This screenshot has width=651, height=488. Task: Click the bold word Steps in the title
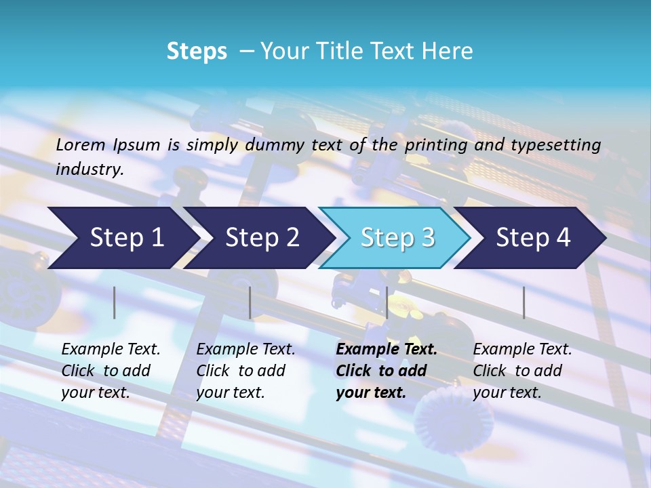[197, 52]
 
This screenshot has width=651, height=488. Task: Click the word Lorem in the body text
[81, 144]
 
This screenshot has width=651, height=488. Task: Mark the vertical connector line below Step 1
[115, 302]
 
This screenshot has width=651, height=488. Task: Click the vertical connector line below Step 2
[250, 302]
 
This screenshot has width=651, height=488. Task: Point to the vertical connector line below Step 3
[387, 302]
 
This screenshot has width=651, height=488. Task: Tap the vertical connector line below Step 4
[524, 302]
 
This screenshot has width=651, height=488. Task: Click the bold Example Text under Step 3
[387, 350]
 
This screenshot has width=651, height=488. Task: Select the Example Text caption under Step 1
[111, 350]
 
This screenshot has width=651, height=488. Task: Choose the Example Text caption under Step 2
[245, 350]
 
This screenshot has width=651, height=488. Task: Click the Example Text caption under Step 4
[522, 350]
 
